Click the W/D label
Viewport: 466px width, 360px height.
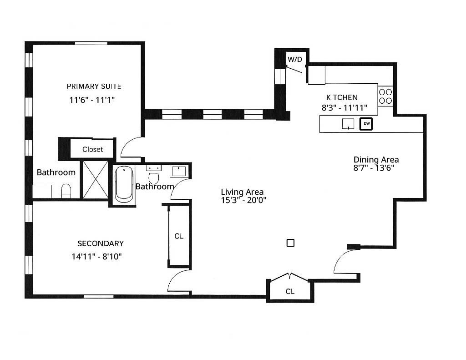coord(294,59)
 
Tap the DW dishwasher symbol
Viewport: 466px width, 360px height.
coord(366,123)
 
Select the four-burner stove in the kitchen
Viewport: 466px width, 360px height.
coord(385,96)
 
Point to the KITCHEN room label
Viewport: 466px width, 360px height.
coord(342,97)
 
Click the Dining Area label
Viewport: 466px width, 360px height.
coord(376,160)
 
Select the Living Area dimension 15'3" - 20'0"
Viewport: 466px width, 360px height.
coord(242,201)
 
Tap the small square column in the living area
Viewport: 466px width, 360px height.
coord(290,243)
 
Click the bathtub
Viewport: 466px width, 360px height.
coord(124,184)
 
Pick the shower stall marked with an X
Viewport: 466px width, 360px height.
coord(95,179)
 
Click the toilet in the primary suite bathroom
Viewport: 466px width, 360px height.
coord(66,191)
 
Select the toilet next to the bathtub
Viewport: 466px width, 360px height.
coord(154,177)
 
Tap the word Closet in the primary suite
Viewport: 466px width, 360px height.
coord(92,149)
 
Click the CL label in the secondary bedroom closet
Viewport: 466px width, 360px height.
coord(179,236)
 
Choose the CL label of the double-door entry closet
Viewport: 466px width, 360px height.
coord(290,291)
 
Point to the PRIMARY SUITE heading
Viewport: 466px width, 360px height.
coord(94,86)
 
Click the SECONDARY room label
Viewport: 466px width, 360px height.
coord(100,243)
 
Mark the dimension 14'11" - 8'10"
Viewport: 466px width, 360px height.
coord(96,256)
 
